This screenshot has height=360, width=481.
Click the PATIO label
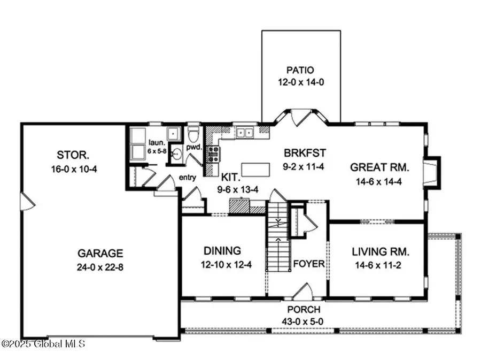(x=300, y=70)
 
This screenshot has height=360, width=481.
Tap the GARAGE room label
(x=100, y=253)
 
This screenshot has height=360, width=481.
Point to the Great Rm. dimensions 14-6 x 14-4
(x=379, y=181)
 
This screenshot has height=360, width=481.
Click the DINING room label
(x=221, y=250)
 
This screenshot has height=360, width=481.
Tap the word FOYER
(x=309, y=264)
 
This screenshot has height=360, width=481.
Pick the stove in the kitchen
(x=212, y=154)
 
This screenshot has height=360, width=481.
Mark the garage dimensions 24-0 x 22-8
(x=100, y=267)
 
